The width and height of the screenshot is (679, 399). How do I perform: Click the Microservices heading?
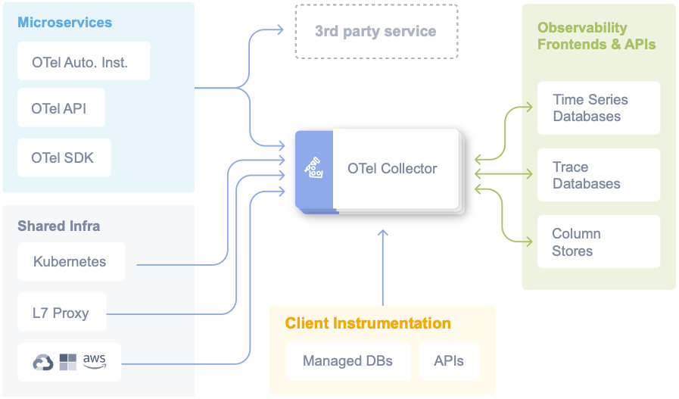click(x=64, y=22)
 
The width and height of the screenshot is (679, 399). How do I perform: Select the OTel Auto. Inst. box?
click(x=83, y=62)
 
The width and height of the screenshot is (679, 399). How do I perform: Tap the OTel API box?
click(x=61, y=108)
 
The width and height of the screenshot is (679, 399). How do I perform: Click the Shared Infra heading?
click(x=58, y=226)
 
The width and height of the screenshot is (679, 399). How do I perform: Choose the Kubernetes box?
click(x=71, y=262)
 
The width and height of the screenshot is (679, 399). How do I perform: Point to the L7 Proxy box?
click(x=61, y=313)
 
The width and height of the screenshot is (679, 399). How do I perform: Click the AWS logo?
click(x=95, y=360)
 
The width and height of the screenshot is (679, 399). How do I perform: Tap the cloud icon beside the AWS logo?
click(x=43, y=363)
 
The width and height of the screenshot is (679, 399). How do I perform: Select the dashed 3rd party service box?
click(x=375, y=32)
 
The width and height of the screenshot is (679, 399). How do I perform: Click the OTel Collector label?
click(x=392, y=169)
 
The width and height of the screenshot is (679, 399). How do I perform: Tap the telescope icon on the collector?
click(x=313, y=169)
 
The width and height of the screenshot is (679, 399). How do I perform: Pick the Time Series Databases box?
click(x=598, y=108)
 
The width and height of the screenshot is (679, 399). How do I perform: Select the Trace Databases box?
click(x=598, y=175)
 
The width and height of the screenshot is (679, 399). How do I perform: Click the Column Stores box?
click(x=598, y=242)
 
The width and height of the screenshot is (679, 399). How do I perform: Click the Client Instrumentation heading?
click(x=368, y=323)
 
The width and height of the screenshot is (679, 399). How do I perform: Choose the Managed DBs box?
click(x=347, y=360)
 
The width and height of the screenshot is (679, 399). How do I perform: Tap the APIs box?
click(x=449, y=360)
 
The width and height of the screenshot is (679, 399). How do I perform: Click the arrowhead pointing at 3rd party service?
click(x=280, y=31)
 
